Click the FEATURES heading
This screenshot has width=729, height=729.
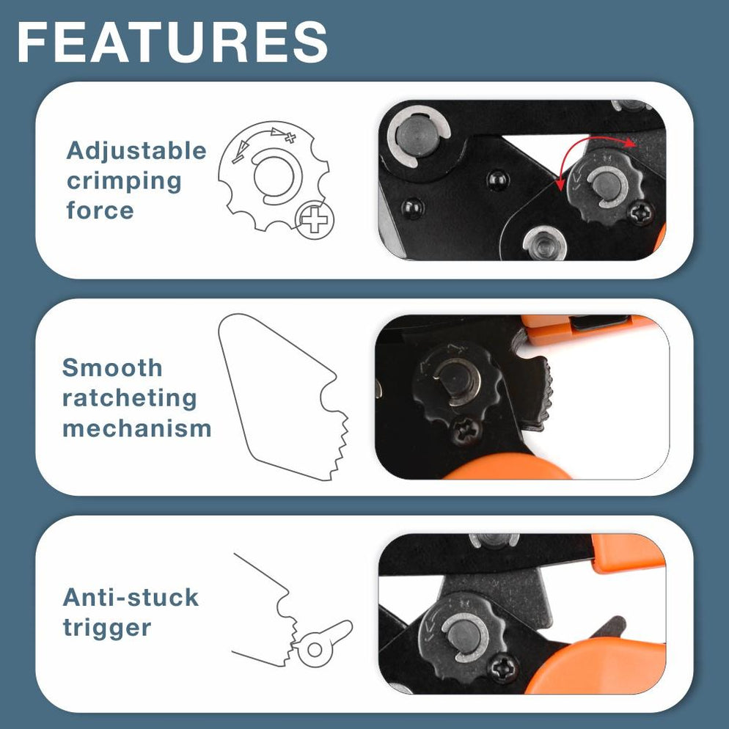(172, 42)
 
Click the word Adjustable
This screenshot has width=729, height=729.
(136, 151)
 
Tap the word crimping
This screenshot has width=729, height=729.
(124, 180)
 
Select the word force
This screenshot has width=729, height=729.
(100, 210)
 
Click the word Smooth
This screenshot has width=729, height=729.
(112, 368)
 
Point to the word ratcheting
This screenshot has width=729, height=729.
(130, 398)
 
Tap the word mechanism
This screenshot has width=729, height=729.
(136, 428)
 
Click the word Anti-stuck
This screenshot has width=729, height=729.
(131, 597)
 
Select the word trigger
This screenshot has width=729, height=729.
(107, 628)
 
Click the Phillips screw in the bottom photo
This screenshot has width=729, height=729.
(505, 668)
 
